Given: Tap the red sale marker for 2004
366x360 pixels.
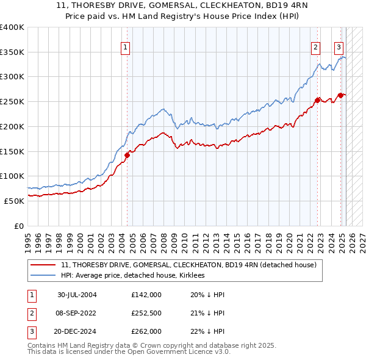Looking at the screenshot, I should point(127,155).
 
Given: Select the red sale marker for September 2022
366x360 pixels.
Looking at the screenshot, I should point(318,100).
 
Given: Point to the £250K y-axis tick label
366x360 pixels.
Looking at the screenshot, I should point(12,101).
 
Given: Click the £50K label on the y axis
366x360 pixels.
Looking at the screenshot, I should point(13,200).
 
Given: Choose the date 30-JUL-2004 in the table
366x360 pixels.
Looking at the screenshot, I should point(77,295).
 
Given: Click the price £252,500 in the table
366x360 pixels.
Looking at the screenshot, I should point(146,313).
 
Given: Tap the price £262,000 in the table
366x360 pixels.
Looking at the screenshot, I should point(146,331).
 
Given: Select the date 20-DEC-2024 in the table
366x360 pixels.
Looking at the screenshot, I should point(77,331).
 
